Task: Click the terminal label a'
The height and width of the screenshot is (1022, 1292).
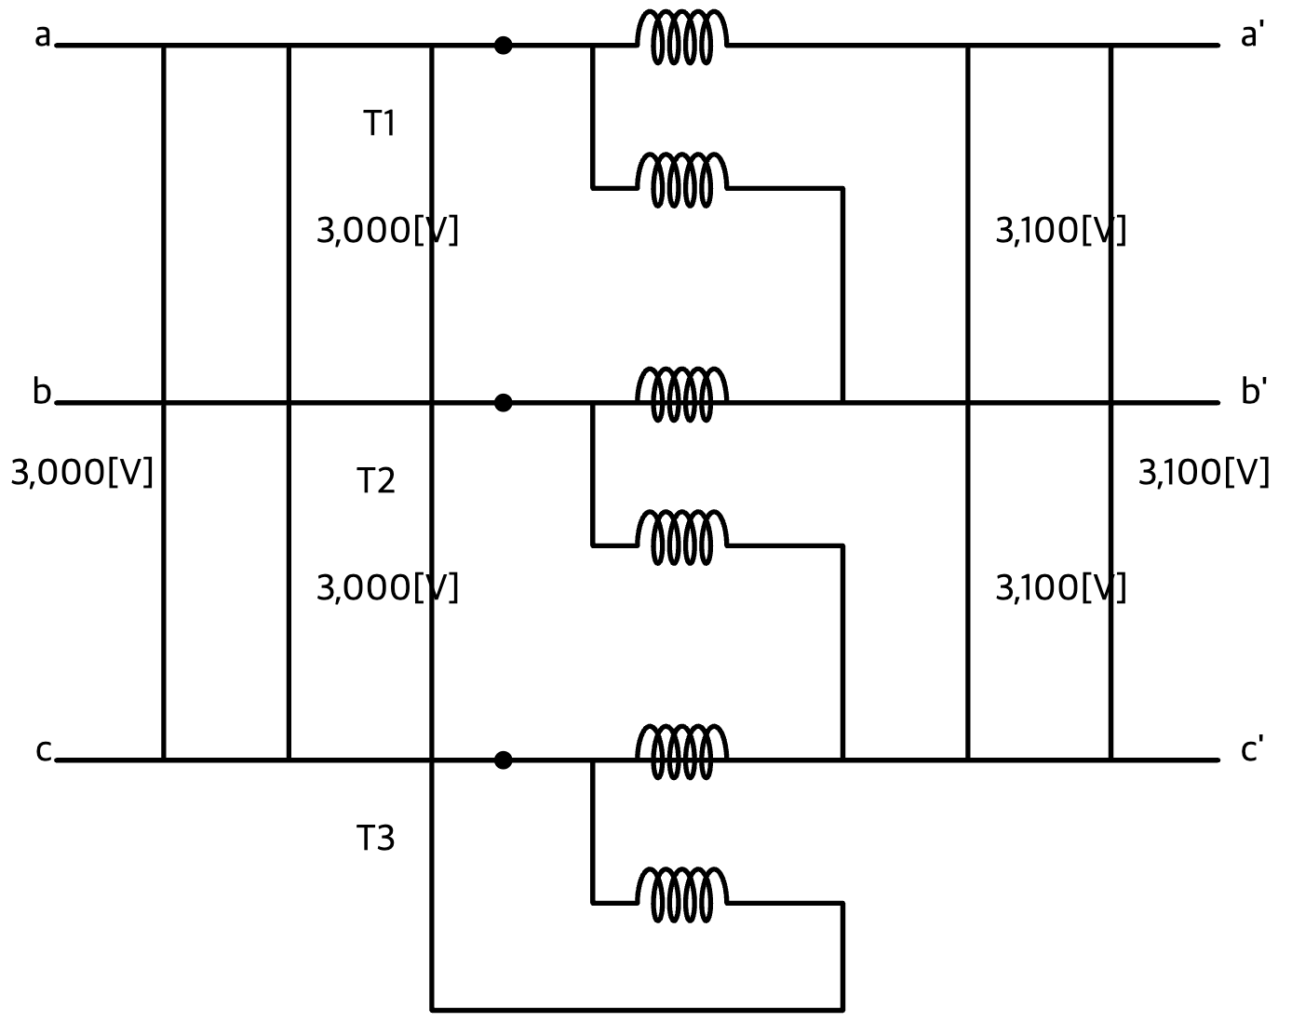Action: click(1252, 34)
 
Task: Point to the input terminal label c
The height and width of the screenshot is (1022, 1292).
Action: click(43, 751)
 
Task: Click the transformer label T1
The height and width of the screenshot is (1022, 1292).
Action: click(380, 123)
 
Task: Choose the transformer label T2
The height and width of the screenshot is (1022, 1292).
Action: click(376, 480)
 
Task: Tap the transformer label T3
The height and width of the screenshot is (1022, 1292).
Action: click(376, 838)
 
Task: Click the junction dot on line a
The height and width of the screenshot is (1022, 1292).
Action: click(503, 45)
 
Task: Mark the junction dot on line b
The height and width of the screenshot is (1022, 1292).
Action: click(503, 403)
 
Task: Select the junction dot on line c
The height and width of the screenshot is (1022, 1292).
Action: click(503, 760)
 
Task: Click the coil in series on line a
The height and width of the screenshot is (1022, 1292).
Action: click(682, 37)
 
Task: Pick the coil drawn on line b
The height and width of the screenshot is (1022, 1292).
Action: click(682, 395)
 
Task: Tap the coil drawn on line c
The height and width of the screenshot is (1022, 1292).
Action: click(682, 752)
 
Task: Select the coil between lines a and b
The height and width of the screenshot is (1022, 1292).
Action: click(682, 181)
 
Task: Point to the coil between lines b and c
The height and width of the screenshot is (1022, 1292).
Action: click(682, 537)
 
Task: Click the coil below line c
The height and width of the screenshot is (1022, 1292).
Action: click(682, 894)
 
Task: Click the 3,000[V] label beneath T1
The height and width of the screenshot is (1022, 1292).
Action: click(387, 231)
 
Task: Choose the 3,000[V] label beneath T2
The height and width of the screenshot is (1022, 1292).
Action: click(387, 588)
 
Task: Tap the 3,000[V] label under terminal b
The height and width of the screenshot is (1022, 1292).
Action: click(82, 473)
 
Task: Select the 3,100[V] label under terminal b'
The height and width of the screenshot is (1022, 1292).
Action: click(1204, 473)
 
